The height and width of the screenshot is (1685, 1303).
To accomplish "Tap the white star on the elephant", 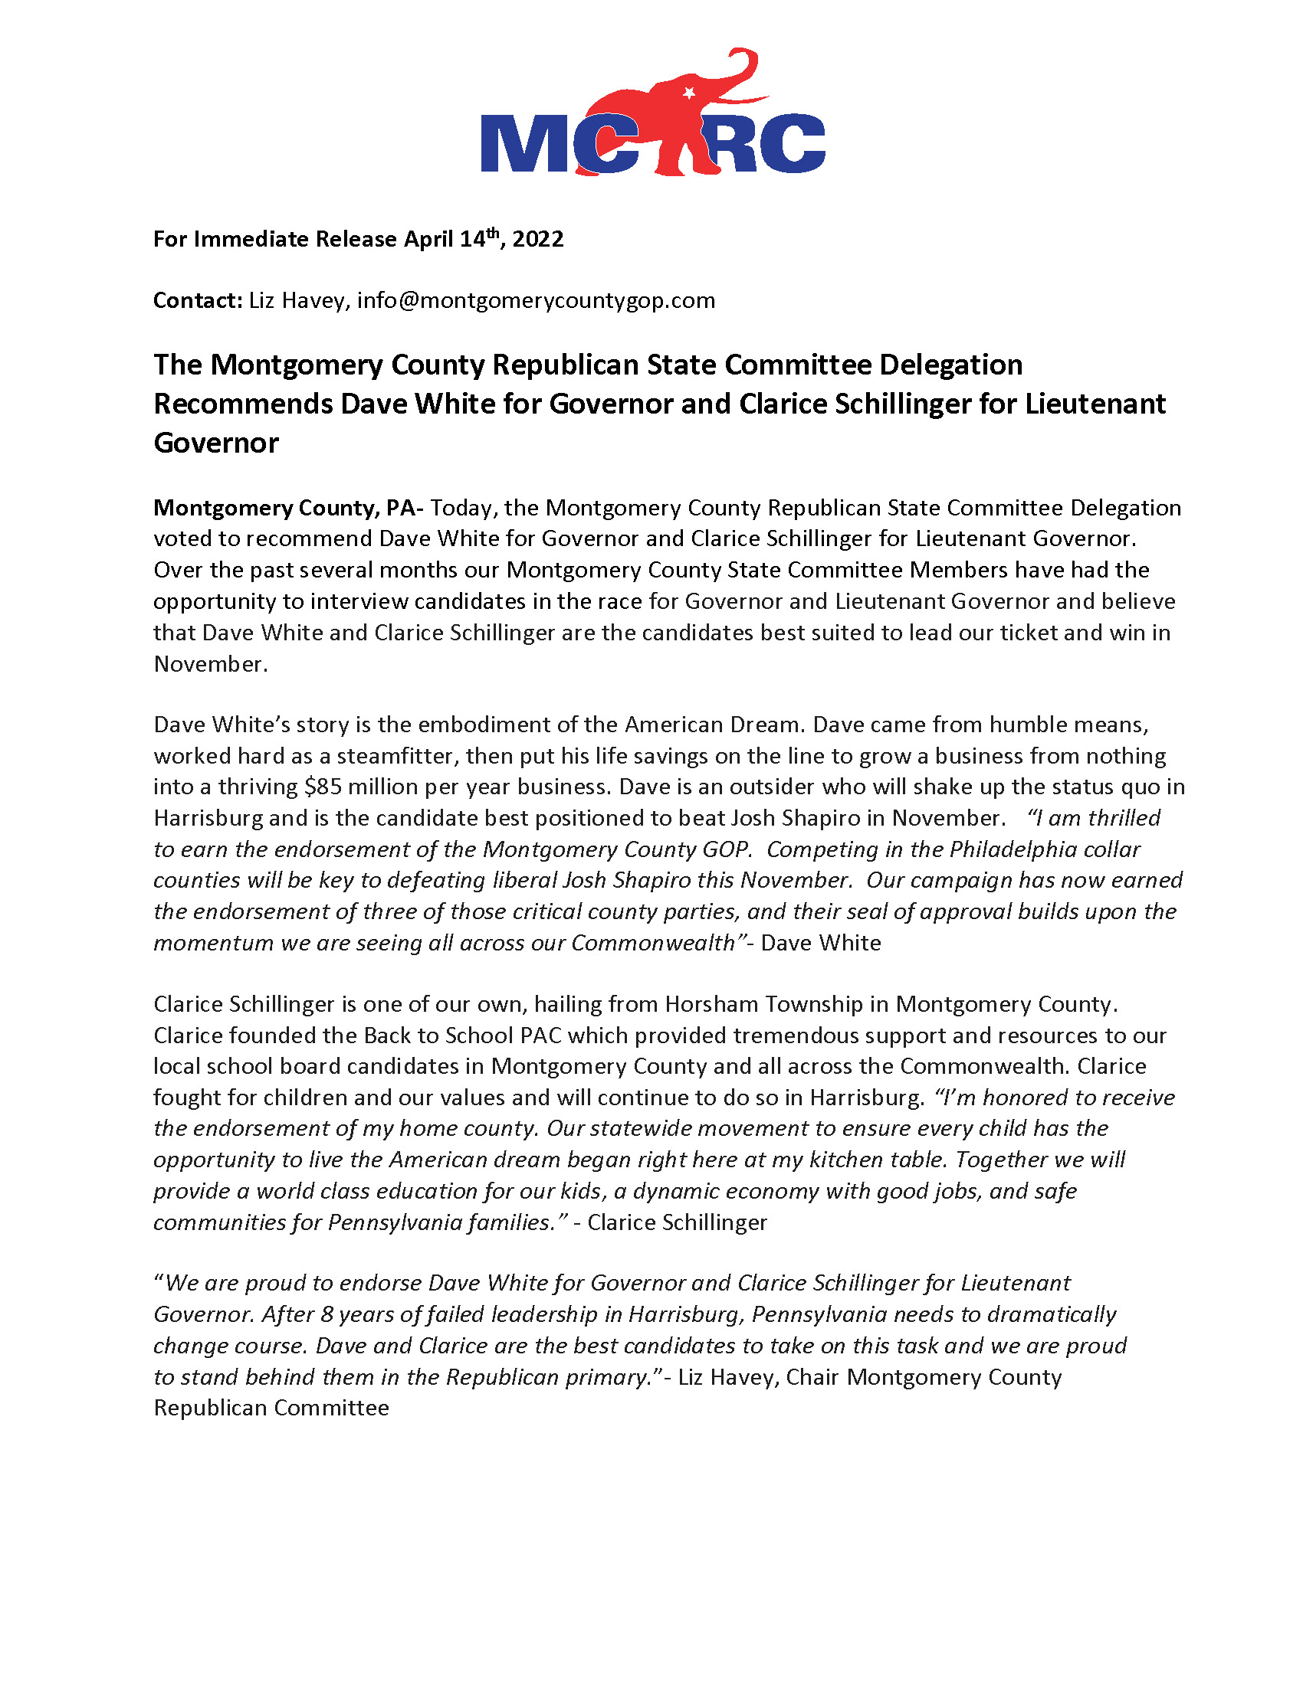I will click(x=689, y=93).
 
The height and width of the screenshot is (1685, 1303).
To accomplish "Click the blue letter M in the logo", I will click(x=524, y=143).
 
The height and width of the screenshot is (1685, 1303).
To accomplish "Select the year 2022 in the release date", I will click(x=538, y=239).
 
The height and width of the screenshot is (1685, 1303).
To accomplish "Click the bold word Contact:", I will click(x=198, y=300).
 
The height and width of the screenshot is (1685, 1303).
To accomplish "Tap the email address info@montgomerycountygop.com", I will click(x=536, y=300).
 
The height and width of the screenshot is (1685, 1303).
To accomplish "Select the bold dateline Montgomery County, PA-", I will click(x=288, y=508).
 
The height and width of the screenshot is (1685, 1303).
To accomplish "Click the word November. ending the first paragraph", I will click(x=211, y=664).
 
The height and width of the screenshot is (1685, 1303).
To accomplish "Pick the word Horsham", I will click(x=707, y=1005).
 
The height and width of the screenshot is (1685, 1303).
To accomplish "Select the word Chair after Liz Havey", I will click(x=812, y=1377).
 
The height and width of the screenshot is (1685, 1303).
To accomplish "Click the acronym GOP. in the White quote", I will click(x=727, y=849).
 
